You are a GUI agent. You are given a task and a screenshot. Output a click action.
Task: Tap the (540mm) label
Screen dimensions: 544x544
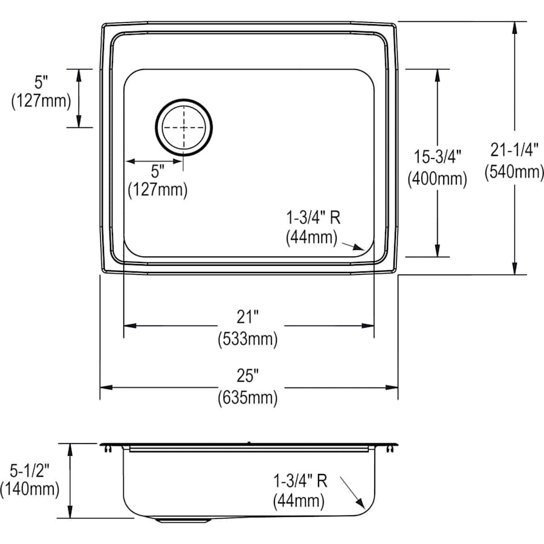514,172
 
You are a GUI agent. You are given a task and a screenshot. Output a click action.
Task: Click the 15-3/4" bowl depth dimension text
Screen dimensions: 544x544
437,157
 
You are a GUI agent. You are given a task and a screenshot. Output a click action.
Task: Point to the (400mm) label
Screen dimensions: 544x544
437,178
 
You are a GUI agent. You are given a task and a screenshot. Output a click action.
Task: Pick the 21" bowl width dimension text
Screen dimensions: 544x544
248,317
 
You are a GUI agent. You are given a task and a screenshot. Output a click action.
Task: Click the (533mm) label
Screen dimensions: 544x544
248,339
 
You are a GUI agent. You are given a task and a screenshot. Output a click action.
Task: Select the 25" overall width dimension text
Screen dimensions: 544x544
248,376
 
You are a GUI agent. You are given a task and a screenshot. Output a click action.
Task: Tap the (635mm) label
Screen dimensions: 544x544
248,398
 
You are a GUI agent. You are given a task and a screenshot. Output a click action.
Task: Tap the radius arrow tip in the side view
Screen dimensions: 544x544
361,506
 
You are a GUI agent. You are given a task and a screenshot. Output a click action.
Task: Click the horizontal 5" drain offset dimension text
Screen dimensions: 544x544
158,171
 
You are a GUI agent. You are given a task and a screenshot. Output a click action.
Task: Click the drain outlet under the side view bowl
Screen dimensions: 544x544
181,519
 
